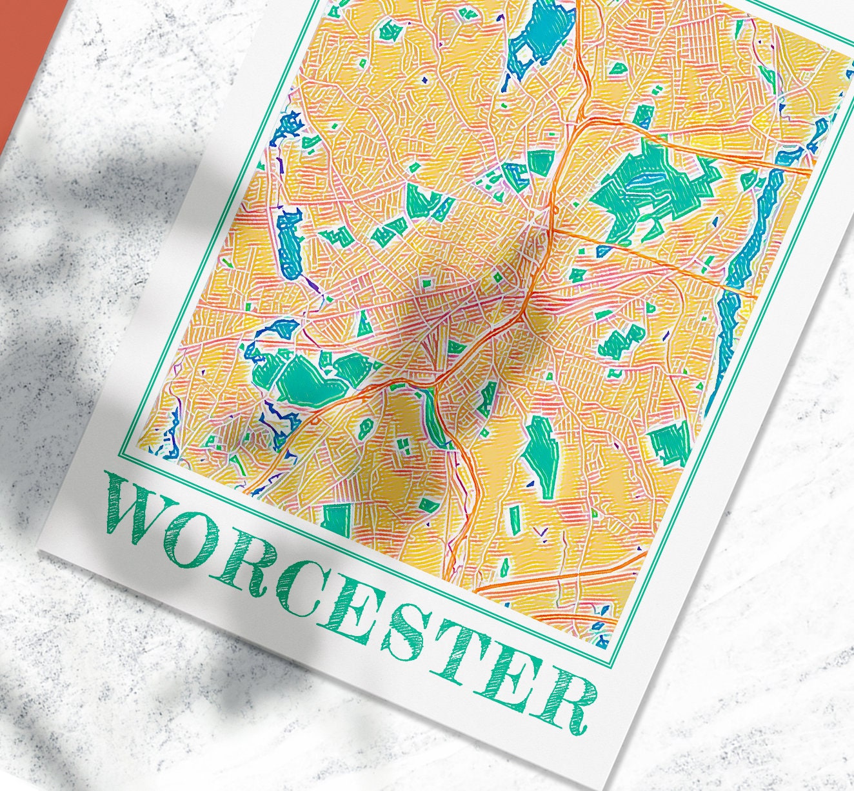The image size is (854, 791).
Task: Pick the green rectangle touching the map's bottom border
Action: (x=335, y=520)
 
